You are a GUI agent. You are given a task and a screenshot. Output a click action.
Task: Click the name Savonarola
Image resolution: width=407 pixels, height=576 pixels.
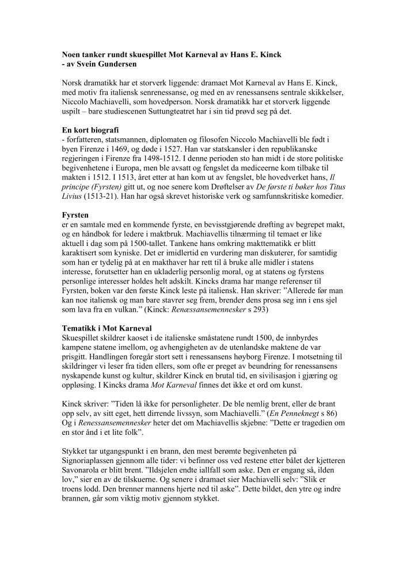tap(83, 471)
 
